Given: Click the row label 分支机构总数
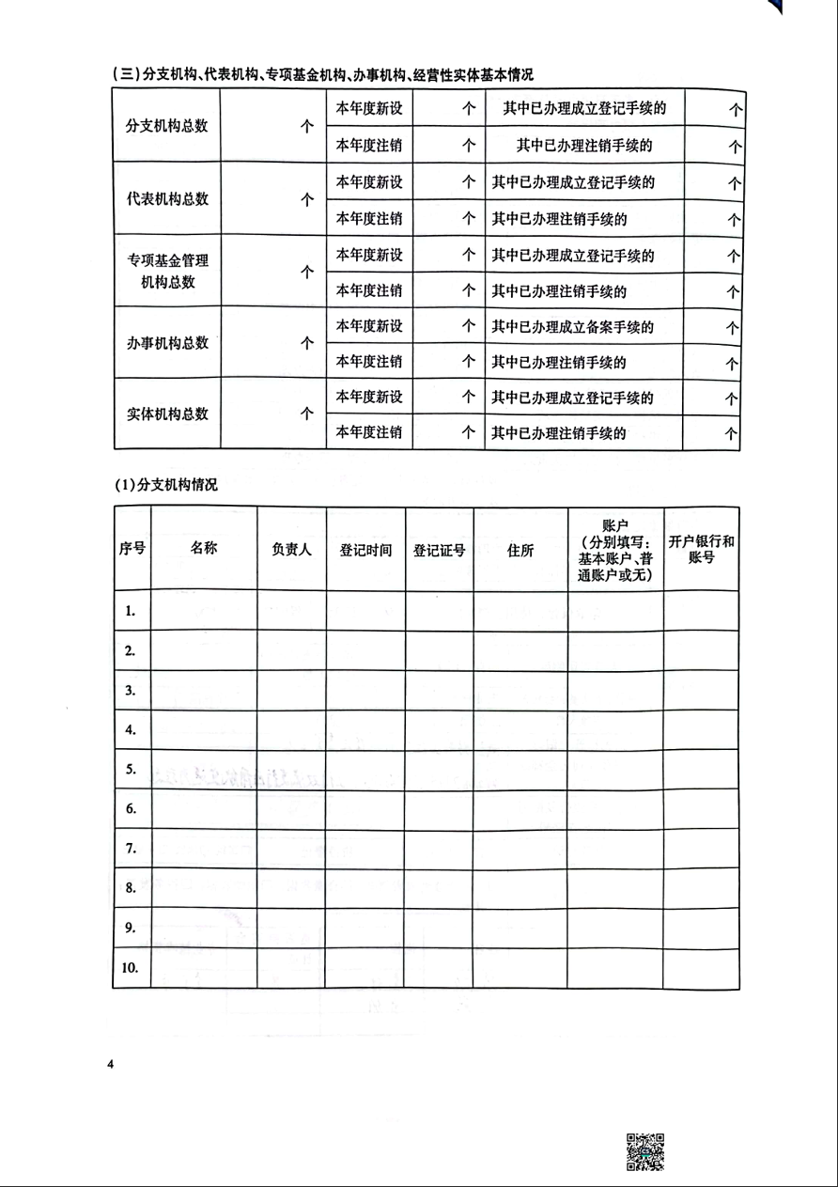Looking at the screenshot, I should (167, 126).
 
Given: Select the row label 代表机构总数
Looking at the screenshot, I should (167, 199).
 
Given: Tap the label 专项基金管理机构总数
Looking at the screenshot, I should (167, 271).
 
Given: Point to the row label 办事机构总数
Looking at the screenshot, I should (167, 343).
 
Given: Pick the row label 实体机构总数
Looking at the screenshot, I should (167, 414).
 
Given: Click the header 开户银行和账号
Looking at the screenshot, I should (701, 550).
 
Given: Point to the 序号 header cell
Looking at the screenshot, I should (132, 549).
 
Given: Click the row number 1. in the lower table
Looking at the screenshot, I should (132, 611).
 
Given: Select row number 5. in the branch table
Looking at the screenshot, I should (132, 769).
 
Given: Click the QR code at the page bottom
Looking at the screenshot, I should (644, 1151).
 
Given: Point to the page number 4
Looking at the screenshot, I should (111, 1064).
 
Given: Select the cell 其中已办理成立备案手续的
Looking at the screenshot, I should (572, 327).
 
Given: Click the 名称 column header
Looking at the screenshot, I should (204, 548).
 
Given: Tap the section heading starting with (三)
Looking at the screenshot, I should (321, 75).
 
